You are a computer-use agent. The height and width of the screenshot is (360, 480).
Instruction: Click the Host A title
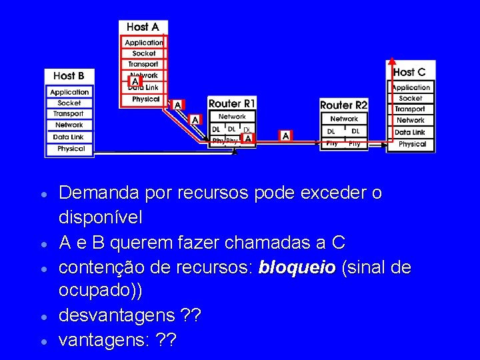[x=143, y=27]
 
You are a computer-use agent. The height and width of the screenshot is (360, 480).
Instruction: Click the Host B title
[x=69, y=76]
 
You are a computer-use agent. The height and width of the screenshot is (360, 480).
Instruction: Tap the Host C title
[x=409, y=72]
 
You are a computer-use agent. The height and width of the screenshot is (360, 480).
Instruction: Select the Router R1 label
[x=232, y=104]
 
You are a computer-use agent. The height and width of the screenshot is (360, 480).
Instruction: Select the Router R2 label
[x=344, y=105]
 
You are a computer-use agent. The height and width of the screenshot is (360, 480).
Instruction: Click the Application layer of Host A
[x=144, y=43]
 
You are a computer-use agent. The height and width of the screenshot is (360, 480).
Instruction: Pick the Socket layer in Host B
[x=69, y=103]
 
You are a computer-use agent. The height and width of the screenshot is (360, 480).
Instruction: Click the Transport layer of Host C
[x=410, y=109]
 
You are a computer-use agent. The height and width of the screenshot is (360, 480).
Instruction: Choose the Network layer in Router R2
[x=344, y=119]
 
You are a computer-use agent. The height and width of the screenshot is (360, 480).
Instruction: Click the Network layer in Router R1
[x=232, y=117]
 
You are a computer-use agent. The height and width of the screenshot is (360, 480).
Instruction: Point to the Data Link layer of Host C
[x=410, y=132]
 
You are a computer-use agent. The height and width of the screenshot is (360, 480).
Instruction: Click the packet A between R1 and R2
[x=285, y=136]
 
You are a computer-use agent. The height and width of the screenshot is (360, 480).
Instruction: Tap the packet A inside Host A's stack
[x=135, y=81]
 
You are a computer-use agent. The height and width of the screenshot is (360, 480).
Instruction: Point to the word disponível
[x=100, y=217]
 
